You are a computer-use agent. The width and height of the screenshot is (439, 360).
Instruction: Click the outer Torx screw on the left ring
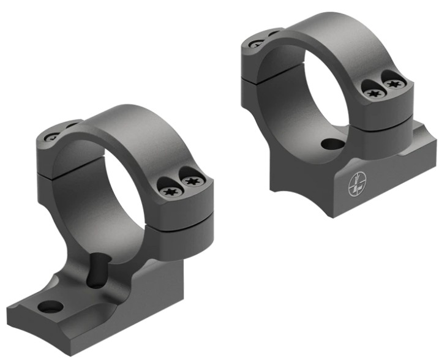point(192,183)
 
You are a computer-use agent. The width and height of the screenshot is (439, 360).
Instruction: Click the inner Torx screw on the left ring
point(170,190)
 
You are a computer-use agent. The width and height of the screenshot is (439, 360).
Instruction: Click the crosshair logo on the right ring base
point(356,186)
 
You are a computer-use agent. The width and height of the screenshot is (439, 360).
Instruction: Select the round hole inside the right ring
point(332,144)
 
